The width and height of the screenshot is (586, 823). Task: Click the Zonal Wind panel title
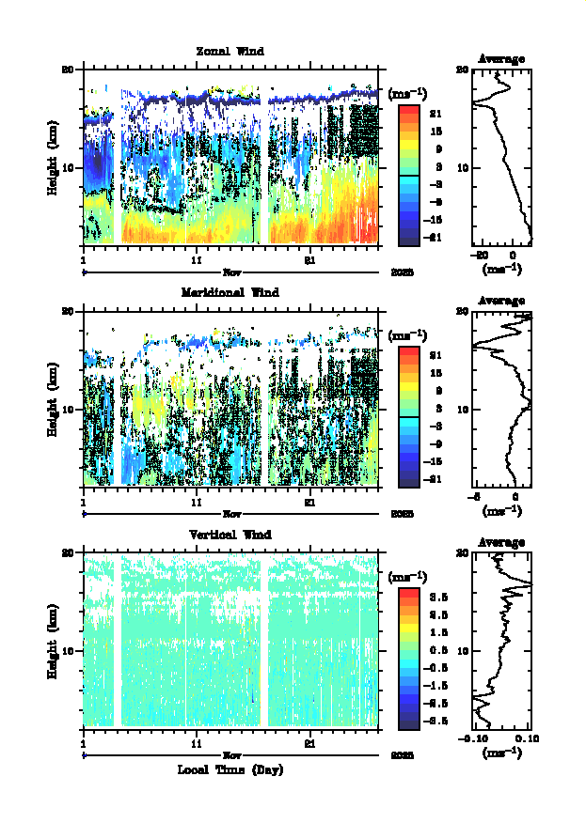click(x=230, y=51)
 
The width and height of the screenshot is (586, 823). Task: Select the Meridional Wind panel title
click(x=230, y=292)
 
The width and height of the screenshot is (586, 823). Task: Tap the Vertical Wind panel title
click(x=230, y=535)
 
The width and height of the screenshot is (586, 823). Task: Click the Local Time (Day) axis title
click(x=230, y=769)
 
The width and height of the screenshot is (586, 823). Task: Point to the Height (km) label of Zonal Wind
click(x=54, y=157)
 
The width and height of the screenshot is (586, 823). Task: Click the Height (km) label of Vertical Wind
click(x=54, y=641)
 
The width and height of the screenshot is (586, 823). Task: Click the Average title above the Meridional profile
click(x=501, y=301)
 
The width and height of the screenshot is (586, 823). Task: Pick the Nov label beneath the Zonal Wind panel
click(x=230, y=272)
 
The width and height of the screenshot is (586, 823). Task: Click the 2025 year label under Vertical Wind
click(x=402, y=755)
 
